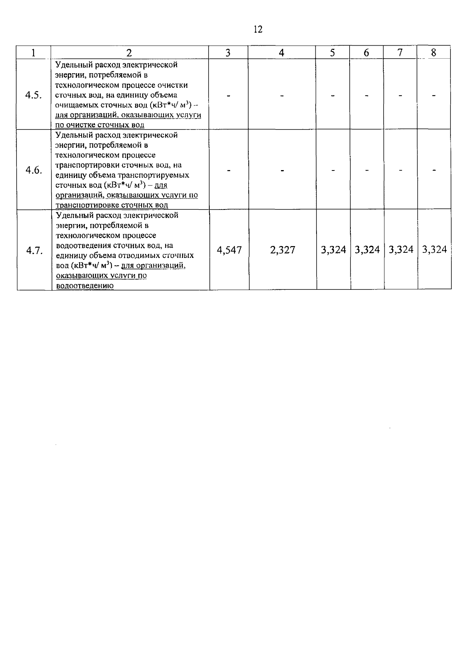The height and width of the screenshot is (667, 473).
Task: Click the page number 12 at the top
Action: (x=258, y=29)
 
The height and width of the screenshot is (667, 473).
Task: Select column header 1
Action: (x=34, y=53)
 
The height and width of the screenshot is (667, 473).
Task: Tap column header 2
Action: (x=130, y=53)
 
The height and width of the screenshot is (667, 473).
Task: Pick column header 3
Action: (x=228, y=53)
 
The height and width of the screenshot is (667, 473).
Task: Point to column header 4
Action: (x=281, y=53)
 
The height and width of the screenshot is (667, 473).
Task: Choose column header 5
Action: (x=332, y=53)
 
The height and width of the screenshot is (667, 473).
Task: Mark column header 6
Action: (x=366, y=53)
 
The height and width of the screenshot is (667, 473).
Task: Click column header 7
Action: (x=400, y=53)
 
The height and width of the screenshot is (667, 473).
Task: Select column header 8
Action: (x=434, y=53)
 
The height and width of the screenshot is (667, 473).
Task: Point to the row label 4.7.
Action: (x=34, y=250)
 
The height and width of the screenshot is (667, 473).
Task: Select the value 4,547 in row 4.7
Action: (x=229, y=250)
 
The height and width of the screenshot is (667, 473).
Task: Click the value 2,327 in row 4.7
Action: (x=283, y=250)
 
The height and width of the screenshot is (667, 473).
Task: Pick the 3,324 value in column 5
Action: (x=333, y=250)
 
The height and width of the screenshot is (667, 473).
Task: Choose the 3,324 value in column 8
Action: (x=434, y=250)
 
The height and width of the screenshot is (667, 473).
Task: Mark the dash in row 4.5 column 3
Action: (x=228, y=95)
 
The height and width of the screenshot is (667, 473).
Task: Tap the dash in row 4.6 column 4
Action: (x=282, y=170)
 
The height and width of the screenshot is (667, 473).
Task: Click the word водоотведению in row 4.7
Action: (x=85, y=286)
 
